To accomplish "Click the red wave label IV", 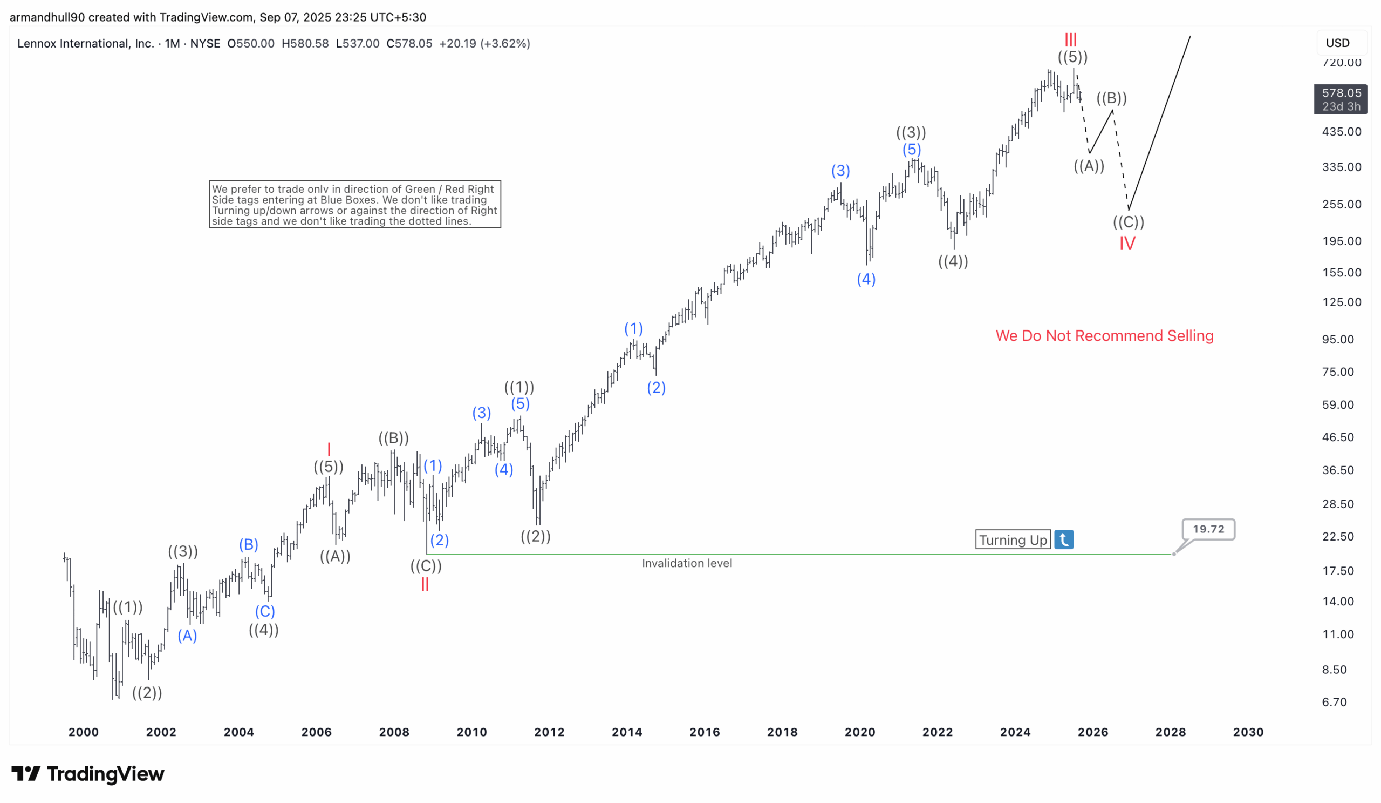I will (1127, 244).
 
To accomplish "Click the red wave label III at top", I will (1070, 39).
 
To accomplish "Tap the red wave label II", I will (425, 584).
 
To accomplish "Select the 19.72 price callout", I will (1208, 529).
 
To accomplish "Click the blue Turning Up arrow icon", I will (1063, 539).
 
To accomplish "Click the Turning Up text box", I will (1012, 539).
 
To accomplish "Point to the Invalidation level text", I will (687, 563).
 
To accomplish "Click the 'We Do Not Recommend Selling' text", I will (1104, 336).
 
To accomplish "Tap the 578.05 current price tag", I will (1341, 99).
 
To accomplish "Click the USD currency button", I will (1337, 43).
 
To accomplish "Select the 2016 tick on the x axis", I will (704, 732).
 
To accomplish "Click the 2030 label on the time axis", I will (1248, 732).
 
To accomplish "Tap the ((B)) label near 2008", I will (393, 438).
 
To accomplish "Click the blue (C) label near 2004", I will (265, 611).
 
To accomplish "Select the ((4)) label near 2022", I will (953, 261).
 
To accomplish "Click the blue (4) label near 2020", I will (866, 279).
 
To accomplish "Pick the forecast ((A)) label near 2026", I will (1089, 166).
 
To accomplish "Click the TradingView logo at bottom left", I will (88, 774).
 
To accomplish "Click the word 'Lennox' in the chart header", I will (37, 43).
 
